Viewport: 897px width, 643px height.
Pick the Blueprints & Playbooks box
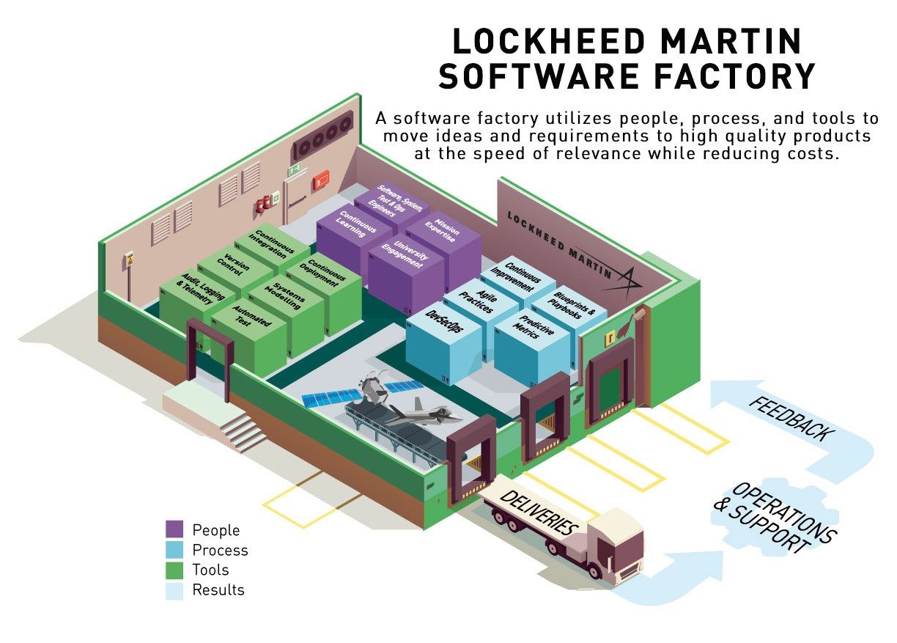(x=566, y=306)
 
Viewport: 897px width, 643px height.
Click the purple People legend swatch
(x=174, y=529)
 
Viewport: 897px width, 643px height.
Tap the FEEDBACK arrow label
(x=791, y=419)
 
